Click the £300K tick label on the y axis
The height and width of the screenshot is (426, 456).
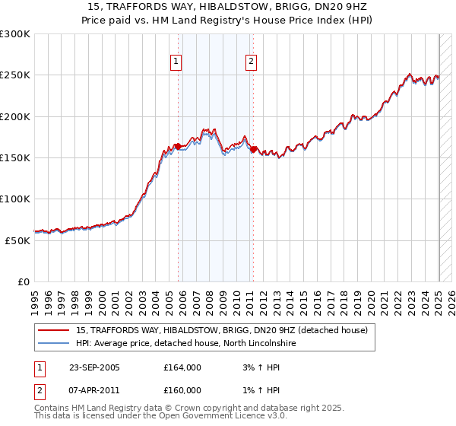[x=15, y=34]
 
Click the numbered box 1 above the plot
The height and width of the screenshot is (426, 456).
[x=176, y=62]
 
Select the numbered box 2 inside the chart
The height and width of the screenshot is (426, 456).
[x=251, y=62]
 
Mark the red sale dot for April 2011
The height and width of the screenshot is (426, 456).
[x=253, y=149]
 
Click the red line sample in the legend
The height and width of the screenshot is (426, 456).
[x=53, y=330]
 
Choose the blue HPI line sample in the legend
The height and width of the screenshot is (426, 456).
[x=53, y=344]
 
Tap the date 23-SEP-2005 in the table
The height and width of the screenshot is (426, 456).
[x=93, y=367]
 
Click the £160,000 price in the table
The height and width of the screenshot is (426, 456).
[x=182, y=389]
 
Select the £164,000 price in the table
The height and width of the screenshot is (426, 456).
[x=182, y=367]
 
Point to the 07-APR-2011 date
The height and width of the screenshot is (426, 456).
[x=93, y=389]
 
